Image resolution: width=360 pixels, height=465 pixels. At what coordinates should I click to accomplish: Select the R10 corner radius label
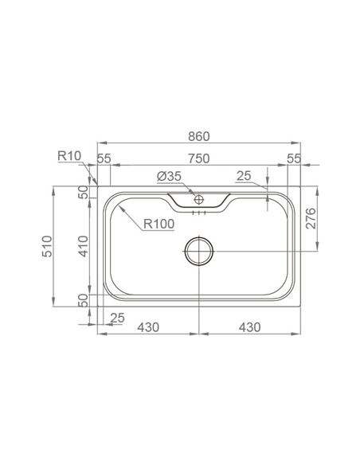pos(69,155)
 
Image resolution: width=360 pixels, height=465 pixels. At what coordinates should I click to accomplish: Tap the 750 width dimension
pos(199,158)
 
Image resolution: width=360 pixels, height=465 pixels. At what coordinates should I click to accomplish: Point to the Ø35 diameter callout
pos(170,175)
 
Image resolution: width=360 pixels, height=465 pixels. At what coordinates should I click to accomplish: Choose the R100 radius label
pos(159,225)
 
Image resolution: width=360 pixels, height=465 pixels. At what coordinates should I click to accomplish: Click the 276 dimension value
pos(313,219)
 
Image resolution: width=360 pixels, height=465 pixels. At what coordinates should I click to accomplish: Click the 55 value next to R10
pos(104,158)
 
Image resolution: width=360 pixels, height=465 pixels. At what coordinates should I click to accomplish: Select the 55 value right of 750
pos(294,158)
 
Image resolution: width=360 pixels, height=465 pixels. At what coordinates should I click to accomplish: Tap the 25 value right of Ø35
pos(244,175)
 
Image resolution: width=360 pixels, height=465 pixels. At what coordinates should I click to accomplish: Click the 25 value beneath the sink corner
pos(118,319)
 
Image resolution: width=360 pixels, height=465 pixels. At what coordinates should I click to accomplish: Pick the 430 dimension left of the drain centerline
pos(149,326)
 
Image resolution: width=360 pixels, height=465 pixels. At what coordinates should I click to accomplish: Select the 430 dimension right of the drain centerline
pos(248,326)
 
